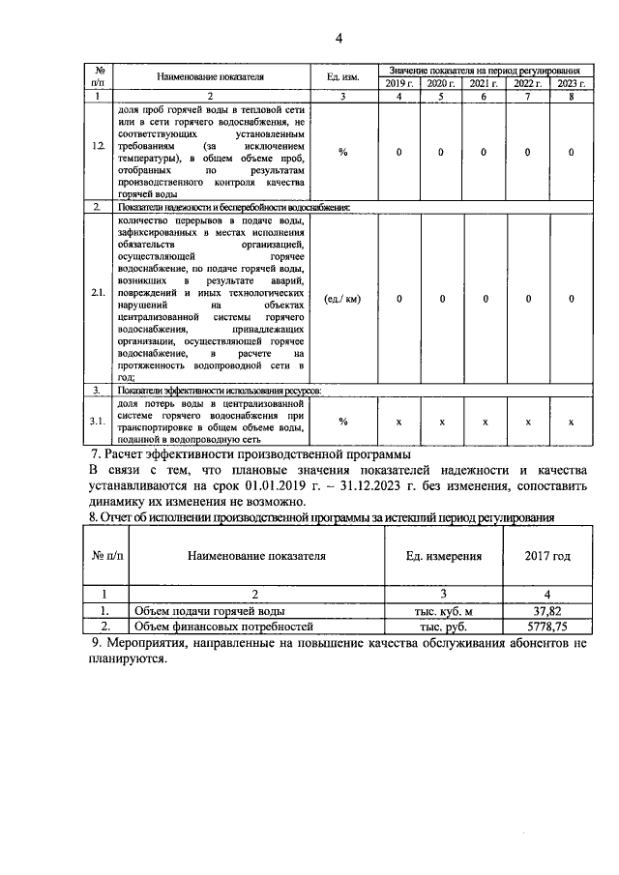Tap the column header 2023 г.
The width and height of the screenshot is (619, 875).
coord(571,84)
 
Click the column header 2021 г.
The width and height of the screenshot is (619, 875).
coord(485,84)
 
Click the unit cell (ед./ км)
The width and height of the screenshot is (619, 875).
coord(343,299)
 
